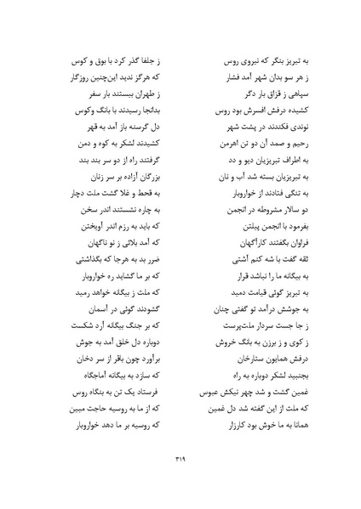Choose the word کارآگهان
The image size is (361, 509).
223,244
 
